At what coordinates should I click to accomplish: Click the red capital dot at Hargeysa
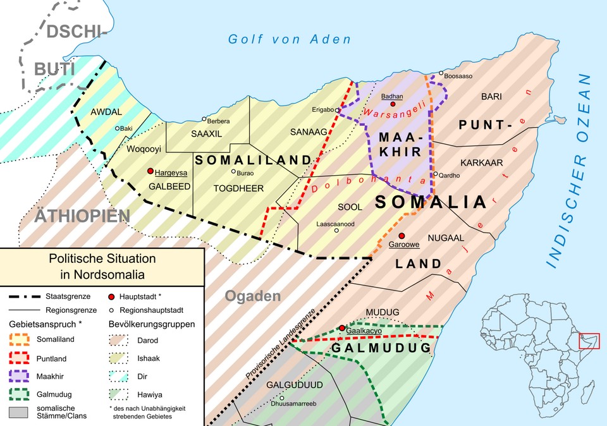tap(150, 171)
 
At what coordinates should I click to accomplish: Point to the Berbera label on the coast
tap(219, 121)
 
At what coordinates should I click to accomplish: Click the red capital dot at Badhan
tap(393, 104)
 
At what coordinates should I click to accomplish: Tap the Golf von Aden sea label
tap(289, 39)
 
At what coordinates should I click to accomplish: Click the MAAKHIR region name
tap(399, 144)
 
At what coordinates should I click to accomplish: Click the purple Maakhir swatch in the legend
tap(25, 377)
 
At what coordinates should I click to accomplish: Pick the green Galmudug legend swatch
tap(25, 395)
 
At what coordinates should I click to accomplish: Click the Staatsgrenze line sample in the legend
tap(25, 296)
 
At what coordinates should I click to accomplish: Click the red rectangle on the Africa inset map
tap(589, 341)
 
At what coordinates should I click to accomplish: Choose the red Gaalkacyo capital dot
tap(342, 328)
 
